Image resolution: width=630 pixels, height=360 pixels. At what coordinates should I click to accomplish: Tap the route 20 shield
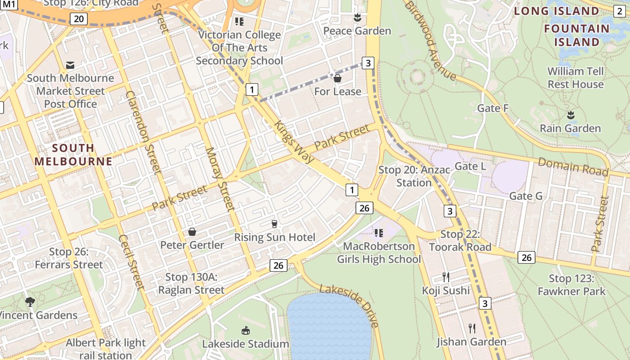(x=79, y=18)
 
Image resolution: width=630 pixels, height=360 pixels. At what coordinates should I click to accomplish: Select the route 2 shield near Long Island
(x=620, y=11)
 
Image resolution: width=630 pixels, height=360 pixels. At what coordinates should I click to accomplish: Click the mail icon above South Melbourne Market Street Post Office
(x=70, y=65)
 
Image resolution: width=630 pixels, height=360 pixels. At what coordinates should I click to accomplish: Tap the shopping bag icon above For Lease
(x=337, y=79)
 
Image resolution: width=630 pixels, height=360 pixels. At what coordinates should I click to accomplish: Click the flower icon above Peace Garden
(x=357, y=18)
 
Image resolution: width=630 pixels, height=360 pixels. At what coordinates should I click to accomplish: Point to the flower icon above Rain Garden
(x=571, y=115)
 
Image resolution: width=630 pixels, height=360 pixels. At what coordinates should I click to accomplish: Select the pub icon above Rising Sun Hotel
(x=274, y=224)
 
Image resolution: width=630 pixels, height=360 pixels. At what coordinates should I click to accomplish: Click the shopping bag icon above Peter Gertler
(x=192, y=232)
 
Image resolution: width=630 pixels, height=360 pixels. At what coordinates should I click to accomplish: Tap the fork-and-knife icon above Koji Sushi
(x=446, y=277)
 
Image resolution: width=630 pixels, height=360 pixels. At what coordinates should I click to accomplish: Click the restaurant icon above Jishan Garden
(x=472, y=328)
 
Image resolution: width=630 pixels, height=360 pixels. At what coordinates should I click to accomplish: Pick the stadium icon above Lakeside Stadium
(x=246, y=331)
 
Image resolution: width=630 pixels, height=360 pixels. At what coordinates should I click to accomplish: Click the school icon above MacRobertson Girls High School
(x=379, y=233)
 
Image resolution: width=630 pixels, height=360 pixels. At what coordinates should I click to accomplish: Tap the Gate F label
(x=493, y=108)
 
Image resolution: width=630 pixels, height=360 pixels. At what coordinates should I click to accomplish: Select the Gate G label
(x=526, y=196)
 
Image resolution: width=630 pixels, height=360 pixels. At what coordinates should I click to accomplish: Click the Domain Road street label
(x=573, y=167)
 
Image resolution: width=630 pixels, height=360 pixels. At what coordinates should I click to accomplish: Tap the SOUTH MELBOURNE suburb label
(x=73, y=154)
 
